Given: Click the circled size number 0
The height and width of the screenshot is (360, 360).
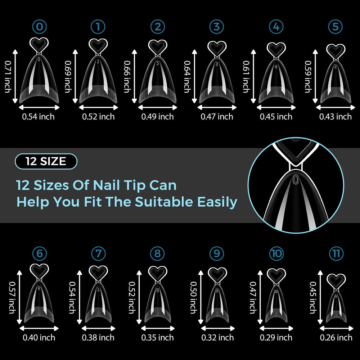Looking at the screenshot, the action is click(x=40, y=27).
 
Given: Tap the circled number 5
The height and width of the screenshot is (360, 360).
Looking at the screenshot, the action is click(x=336, y=27).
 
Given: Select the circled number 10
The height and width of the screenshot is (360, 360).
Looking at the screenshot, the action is click(x=276, y=253).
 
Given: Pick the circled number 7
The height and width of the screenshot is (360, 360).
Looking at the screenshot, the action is click(x=98, y=253).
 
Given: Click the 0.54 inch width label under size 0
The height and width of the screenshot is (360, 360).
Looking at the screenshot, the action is click(x=39, y=117).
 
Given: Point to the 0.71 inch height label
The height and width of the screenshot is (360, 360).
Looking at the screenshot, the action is click(x=8, y=76).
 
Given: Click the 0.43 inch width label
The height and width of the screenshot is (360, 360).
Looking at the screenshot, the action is click(x=336, y=117).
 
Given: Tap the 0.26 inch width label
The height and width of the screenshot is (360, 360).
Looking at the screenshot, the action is click(x=336, y=338).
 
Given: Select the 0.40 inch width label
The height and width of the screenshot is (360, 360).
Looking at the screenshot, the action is click(x=39, y=338).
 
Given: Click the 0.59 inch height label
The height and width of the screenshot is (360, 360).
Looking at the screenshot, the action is click(x=308, y=76).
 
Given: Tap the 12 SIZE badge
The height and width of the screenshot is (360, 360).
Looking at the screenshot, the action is click(x=46, y=161).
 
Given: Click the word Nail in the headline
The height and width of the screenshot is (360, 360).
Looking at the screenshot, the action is click(x=107, y=185).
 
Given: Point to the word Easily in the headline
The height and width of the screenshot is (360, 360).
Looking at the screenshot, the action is click(x=217, y=202).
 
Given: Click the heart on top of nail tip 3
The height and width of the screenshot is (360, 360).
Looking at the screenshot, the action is click(x=217, y=49).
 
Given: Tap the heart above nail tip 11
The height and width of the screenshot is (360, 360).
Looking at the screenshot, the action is click(x=336, y=281).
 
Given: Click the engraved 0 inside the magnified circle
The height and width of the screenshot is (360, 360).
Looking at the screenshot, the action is click(x=296, y=179).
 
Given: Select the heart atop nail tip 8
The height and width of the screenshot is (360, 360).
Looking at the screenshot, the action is click(x=158, y=274).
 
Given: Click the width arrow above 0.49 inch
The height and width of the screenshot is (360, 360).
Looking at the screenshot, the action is click(x=158, y=107).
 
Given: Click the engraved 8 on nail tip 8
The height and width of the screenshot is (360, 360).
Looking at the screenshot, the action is click(x=158, y=290).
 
